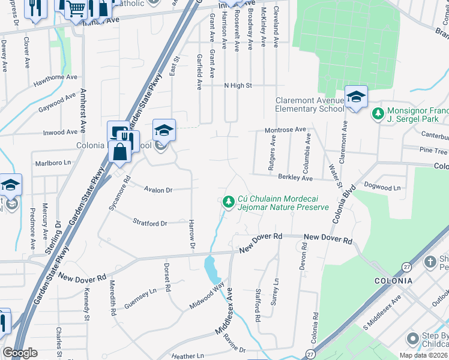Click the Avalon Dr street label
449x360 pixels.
point(158,190)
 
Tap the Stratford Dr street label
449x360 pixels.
point(150,223)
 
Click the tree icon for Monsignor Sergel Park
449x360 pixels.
point(378,113)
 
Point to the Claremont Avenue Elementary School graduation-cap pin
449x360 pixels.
point(356,97)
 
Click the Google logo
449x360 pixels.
point(20,353)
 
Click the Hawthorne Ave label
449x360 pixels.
point(56,77)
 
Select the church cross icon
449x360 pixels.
point(430,262)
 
